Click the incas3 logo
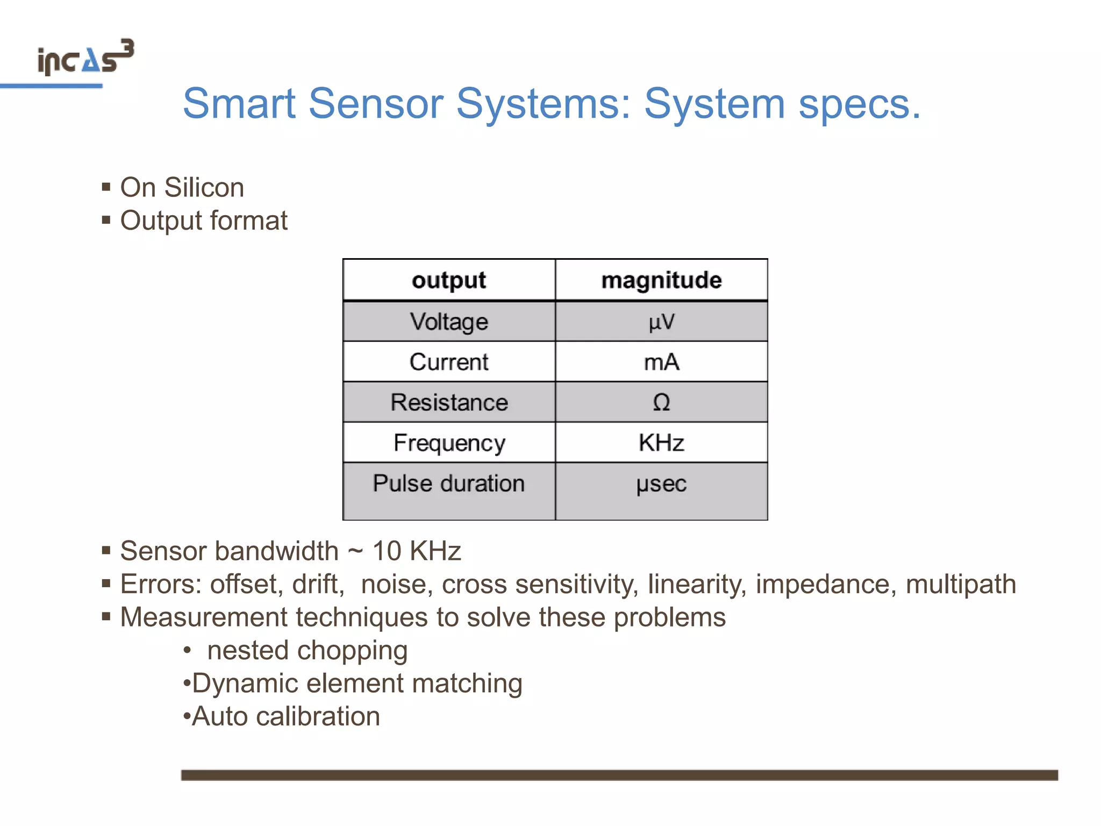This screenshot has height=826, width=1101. [85, 58]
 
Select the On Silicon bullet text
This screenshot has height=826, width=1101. [182, 188]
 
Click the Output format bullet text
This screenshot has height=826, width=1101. [204, 220]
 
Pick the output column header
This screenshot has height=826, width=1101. [449, 280]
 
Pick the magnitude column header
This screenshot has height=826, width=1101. [661, 280]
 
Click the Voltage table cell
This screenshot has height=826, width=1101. [449, 322]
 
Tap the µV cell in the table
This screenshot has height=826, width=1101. [661, 322]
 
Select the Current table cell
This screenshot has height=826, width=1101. [449, 362]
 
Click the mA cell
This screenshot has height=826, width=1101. [661, 362]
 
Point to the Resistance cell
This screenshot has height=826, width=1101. [449, 402]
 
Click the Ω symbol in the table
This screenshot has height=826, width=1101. [661, 402]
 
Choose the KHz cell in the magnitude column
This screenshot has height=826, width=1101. [661, 443]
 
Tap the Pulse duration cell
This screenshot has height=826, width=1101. [449, 483]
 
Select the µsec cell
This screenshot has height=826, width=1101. [661, 483]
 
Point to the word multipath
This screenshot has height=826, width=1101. [961, 584]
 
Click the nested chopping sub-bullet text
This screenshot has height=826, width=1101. [307, 650]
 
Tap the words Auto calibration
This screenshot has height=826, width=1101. [285, 716]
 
